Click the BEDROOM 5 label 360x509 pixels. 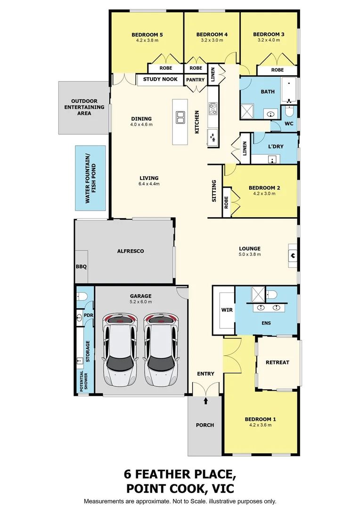click(x=147, y=35)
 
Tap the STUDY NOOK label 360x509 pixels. click(x=160, y=79)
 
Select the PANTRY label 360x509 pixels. click(x=196, y=80)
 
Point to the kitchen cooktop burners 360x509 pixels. click(x=213, y=108)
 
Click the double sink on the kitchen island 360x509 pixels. click(x=180, y=117)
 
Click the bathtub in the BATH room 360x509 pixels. click(x=288, y=90)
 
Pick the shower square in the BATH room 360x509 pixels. click(x=247, y=111)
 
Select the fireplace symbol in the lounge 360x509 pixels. click(x=293, y=256)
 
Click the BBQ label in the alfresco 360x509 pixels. click(x=81, y=267)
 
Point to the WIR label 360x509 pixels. click(x=227, y=310)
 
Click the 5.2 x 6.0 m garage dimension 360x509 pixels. click(x=141, y=302)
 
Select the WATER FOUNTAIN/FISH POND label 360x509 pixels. click(x=90, y=179)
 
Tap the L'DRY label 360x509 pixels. click(x=276, y=147)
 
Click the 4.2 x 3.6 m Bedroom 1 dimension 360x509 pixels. click(x=261, y=425)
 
